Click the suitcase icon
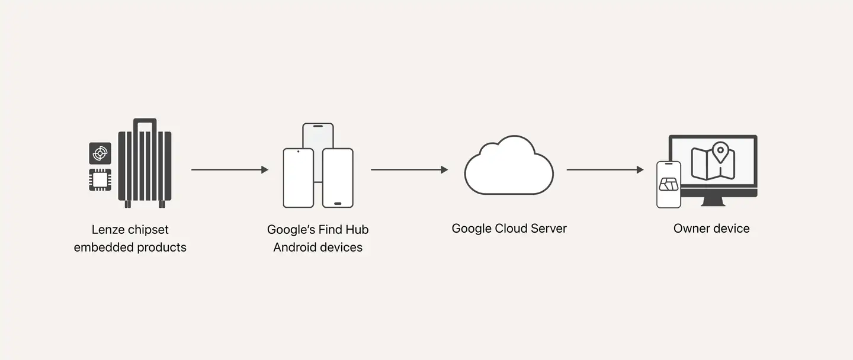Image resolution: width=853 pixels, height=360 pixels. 145,163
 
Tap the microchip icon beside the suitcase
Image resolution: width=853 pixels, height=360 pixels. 100,179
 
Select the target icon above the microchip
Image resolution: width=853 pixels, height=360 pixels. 100,153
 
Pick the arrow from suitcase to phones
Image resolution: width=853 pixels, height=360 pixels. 230,170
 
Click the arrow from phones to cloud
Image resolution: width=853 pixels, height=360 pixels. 409,170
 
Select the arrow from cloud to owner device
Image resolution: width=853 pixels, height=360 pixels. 605,170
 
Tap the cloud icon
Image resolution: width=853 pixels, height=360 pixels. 509,165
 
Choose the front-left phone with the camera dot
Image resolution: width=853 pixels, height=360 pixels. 298,178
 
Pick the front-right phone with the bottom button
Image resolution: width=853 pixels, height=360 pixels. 338,178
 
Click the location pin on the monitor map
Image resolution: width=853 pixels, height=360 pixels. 720,152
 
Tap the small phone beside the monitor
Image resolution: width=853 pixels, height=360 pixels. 669,185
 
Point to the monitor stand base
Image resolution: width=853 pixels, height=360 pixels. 713,202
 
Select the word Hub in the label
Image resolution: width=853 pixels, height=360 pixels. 357,230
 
